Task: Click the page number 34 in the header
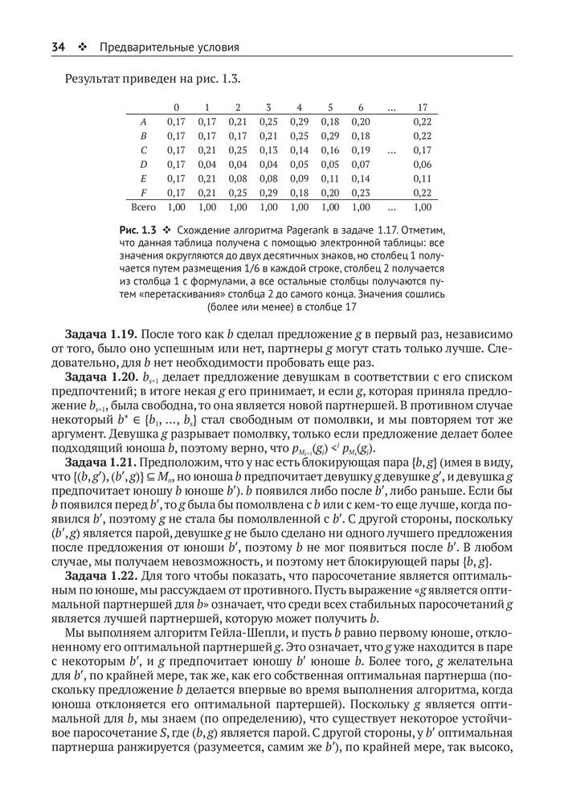point(58,47)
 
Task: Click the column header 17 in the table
point(423,107)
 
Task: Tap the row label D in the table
point(143,164)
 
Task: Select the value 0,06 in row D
point(423,164)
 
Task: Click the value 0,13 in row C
point(268,149)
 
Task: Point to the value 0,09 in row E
point(300,178)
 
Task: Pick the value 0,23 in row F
point(361,193)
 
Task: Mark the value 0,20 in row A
point(361,121)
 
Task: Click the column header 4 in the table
point(299,107)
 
